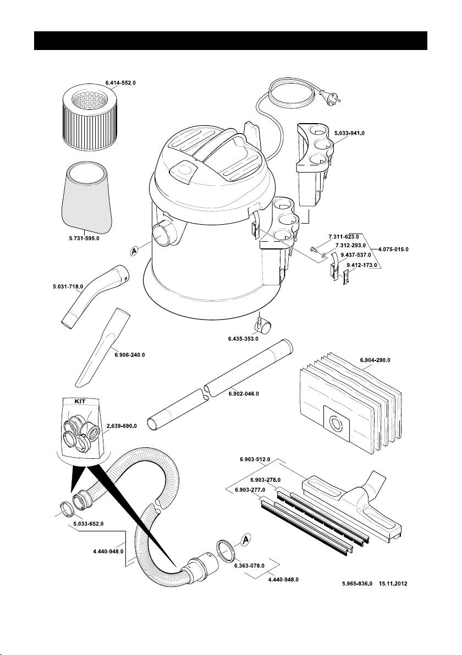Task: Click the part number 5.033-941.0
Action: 350,133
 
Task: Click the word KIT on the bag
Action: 81,402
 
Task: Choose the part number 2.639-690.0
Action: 122,425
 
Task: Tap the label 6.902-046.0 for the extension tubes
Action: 243,394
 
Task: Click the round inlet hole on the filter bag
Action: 334,424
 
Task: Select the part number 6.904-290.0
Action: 375,360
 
